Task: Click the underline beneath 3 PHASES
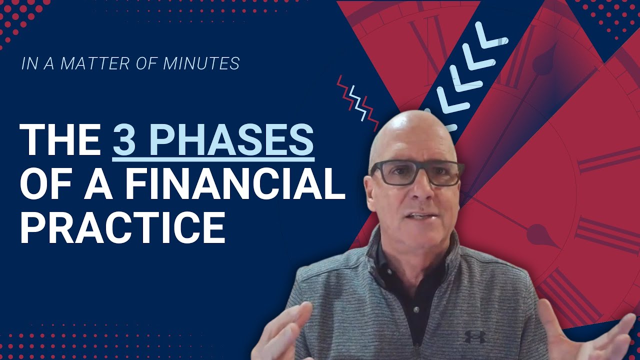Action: (x=213, y=160)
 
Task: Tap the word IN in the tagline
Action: (x=28, y=64)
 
